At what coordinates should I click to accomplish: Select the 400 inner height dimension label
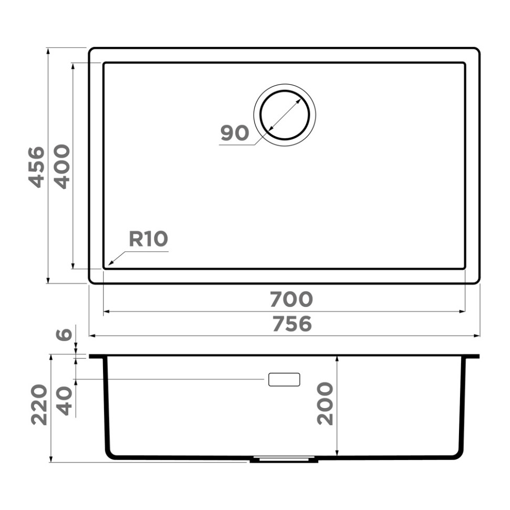coord(63,167)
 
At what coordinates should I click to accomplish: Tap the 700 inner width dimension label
coord(291,300)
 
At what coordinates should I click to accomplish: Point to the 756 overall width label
coord(292,324)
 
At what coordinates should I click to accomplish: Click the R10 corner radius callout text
coord(148,239)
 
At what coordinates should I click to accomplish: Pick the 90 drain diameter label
coord(234,134)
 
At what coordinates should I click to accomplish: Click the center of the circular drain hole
coord(284,115)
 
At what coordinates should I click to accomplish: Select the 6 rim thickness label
coord(63,334)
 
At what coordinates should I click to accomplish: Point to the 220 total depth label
coord(39,404)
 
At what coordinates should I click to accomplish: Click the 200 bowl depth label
coord(325,404)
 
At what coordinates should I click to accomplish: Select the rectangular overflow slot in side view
coord(284,380)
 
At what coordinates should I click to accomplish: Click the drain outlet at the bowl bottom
coord(284,460)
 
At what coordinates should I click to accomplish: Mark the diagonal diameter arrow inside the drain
coord(284,115)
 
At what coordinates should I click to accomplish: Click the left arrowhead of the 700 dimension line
coord(106,312)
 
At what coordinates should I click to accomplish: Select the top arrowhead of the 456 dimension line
coord(48,51)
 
